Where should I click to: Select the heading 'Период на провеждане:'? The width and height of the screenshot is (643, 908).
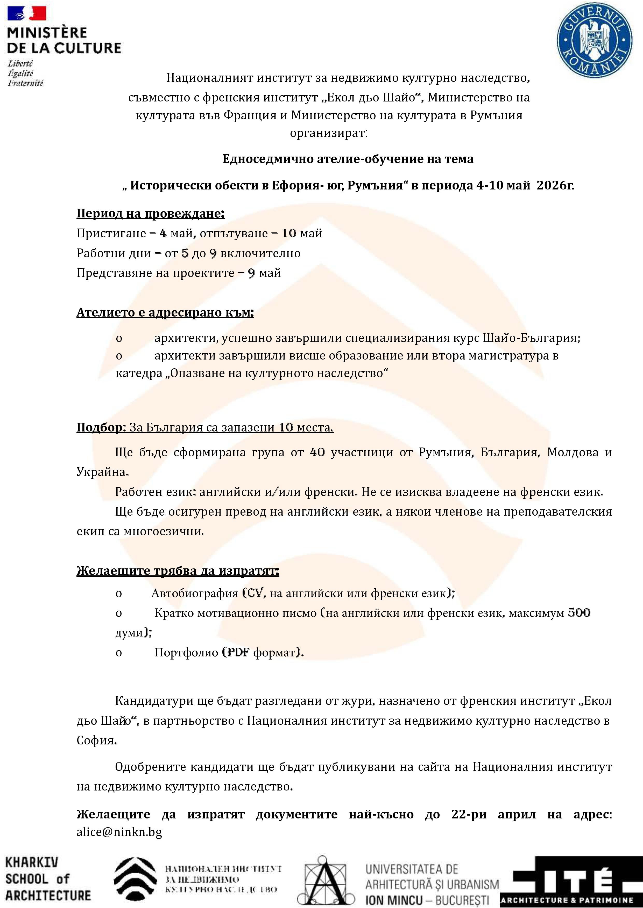click(151, 214)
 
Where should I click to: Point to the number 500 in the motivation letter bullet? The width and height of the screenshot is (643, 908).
click(579, 613)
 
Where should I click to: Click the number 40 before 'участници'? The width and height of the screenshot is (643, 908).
click(317, 452)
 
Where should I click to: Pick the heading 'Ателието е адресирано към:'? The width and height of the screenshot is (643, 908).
click(165, 312)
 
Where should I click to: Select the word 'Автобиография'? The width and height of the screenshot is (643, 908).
click(194, 593)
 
